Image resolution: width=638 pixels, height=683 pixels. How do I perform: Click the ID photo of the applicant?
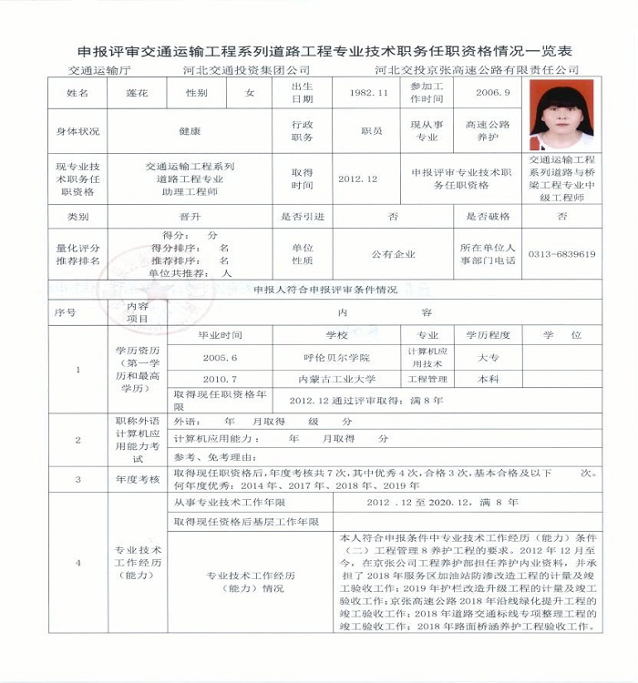click(561, 115)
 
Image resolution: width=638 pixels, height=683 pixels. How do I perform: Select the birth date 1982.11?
click(369, 93)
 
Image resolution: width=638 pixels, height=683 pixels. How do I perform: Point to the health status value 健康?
click(190, 131)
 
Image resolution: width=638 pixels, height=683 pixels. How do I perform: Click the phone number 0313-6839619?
click(561, 254)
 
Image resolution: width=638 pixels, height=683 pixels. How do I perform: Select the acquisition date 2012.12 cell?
click(357, 179)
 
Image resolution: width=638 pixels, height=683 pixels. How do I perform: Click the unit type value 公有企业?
click(393, 254)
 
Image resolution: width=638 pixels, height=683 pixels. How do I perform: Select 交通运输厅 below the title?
click(100, 70)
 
